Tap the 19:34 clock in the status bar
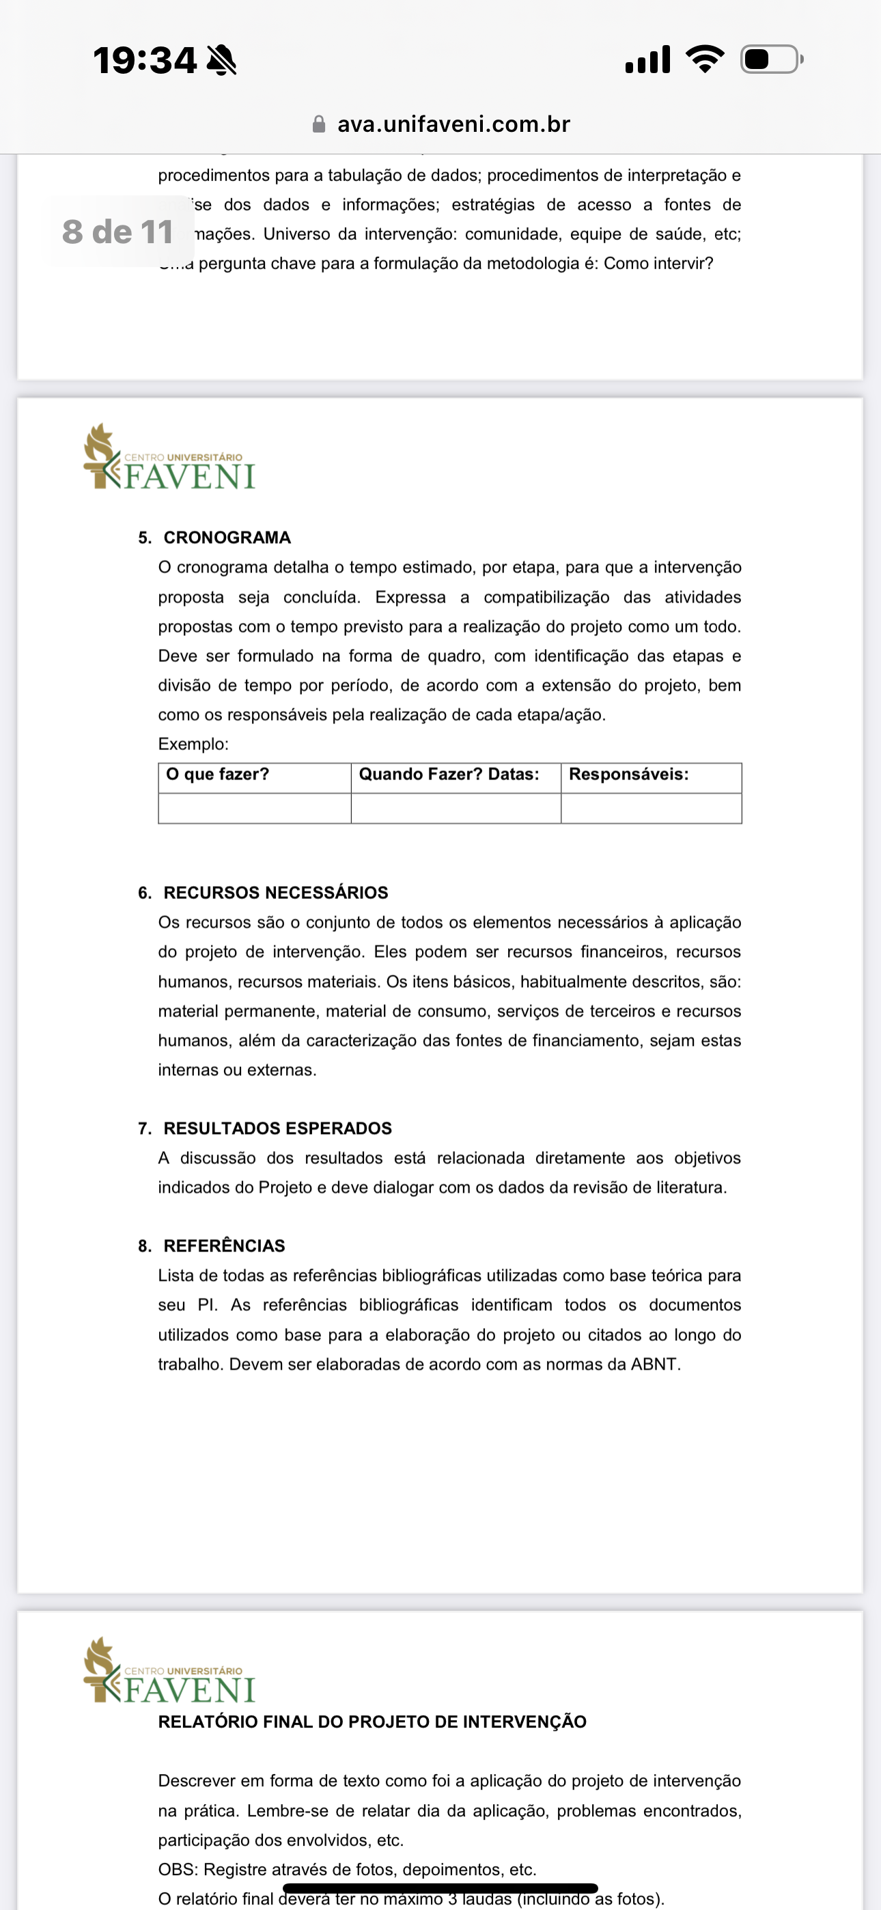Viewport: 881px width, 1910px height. coord(145,60)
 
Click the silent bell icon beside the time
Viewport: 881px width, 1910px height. coord(221,60)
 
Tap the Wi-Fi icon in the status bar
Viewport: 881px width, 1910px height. coord(705,59)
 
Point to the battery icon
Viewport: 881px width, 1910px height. coord(771,59)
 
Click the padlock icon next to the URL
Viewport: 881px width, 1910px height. coord(319,124)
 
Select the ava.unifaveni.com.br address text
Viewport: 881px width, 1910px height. coord(453,124)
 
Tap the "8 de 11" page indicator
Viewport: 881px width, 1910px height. coord(118,232)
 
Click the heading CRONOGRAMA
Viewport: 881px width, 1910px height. coord(227,538)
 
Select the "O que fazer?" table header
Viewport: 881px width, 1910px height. coord(217,774)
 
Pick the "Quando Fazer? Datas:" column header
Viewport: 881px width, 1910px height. coord(449,774)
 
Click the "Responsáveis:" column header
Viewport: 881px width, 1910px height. coord(628,774)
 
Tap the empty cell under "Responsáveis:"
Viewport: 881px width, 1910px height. coord(651,808)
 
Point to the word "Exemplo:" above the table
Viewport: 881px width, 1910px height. coord(193,744)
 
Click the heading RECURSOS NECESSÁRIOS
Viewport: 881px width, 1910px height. coord(275,893)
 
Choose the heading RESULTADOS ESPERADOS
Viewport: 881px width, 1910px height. coord(277,1129)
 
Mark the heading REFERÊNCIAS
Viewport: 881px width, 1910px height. coord(224,1245)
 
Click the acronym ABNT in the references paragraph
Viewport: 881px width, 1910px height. coord(654,1364)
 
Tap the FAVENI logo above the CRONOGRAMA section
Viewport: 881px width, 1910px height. coord(170,458)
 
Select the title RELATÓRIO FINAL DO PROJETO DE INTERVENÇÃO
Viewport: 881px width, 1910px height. coord(372,1721)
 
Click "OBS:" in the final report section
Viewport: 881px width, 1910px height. coord(178,1869)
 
